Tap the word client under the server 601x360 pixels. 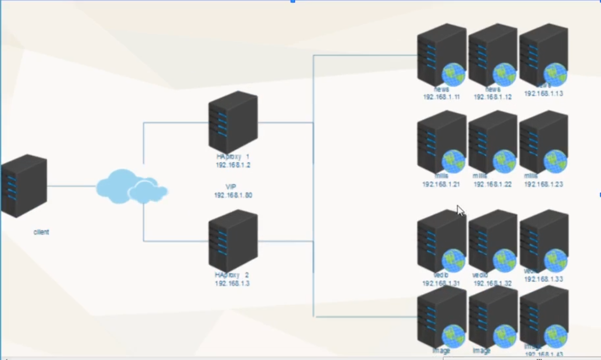[x=41, y=232]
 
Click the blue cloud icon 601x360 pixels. [x=131, y=187]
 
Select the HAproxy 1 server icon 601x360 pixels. [x=233, y=122]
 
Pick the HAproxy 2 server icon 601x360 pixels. [x=233, y=240]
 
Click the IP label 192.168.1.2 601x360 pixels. [x=233, y=165]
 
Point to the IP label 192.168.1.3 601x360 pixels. [x=232, y=284]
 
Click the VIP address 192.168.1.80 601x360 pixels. [x=233, y=195]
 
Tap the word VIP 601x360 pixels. [x=231, y=187]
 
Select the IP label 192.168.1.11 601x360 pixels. [x=441, y=97]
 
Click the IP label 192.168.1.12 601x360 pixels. [x=493, y=97]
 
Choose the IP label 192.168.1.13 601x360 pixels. [x=544, y=94]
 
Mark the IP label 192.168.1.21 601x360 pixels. [x=441, y=184]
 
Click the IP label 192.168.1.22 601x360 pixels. [x=493, y=184]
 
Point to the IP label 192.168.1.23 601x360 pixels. [x=544, y=184]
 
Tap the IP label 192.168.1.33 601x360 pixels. [x=544, y=280]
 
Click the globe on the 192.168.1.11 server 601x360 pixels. [x=453, y=75]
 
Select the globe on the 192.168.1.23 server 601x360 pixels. [x=555, y=162]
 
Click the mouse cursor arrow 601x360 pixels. [x=460, y=210]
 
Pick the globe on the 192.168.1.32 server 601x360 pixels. [x=504, y=261]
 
